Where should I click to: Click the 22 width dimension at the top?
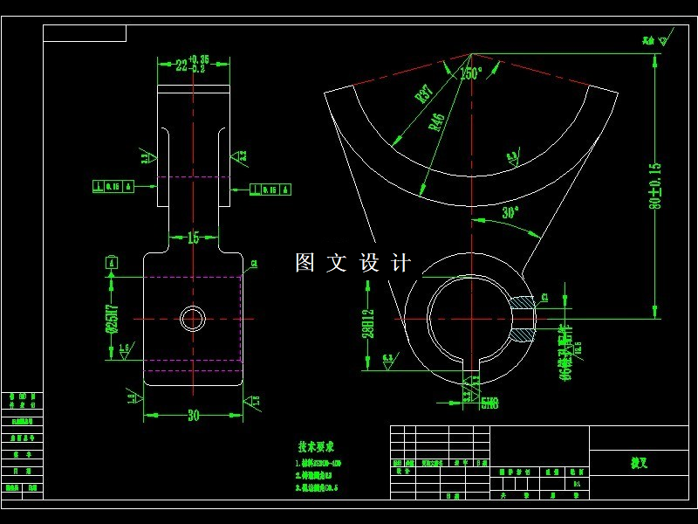coord(189,64)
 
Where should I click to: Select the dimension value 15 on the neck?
coord(193,238)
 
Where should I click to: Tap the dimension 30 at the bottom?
coord(193,416)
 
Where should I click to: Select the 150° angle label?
coord(471,74)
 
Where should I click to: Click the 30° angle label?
coord(510,212)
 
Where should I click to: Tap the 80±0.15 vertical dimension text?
coord(655,185)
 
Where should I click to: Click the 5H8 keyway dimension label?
coord(489,403)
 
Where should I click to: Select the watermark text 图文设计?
coord(352,263)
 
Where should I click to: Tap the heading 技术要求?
coord(316,445)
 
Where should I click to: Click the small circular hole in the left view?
coord(192,319)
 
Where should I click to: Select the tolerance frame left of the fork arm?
coord(111,186)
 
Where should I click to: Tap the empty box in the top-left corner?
coord(85,34)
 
